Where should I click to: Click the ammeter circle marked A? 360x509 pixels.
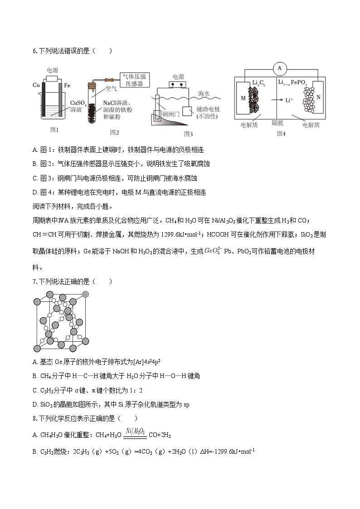coord(280,68)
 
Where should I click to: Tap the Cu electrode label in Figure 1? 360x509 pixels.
coord(37,85)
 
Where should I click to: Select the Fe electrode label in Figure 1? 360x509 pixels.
coord(67,85)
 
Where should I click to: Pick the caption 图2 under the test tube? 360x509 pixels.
coord(114,132)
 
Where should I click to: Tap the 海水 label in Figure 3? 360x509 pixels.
coord(204,93)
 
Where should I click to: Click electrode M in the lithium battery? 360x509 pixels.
coord(243,98)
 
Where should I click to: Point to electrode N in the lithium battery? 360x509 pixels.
coord(318,97)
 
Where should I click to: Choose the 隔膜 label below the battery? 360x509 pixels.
coord(277,123)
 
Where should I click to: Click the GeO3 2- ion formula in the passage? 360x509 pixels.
coord(213,250)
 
